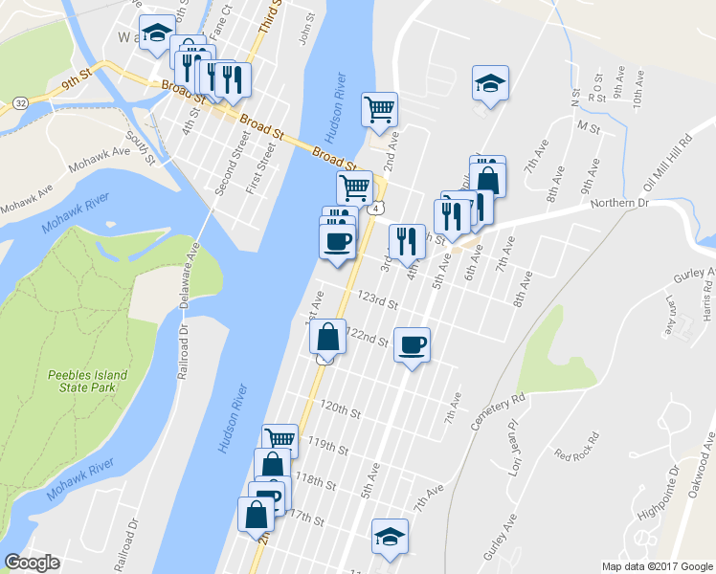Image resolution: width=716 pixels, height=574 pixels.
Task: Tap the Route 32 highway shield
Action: [20, 102]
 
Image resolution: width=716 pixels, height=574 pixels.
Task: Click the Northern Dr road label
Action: [619, 204]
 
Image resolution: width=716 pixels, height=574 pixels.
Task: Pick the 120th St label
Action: [340, 412]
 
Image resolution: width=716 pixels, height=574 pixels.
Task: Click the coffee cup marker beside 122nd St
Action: [412, 345]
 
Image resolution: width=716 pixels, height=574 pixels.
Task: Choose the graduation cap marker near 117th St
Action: [390, 536]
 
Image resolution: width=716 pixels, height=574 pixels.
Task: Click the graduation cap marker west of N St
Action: [490, 83]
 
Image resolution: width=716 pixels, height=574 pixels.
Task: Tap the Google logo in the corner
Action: [33, 563]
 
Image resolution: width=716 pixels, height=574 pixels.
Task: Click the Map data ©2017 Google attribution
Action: [657, 566]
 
